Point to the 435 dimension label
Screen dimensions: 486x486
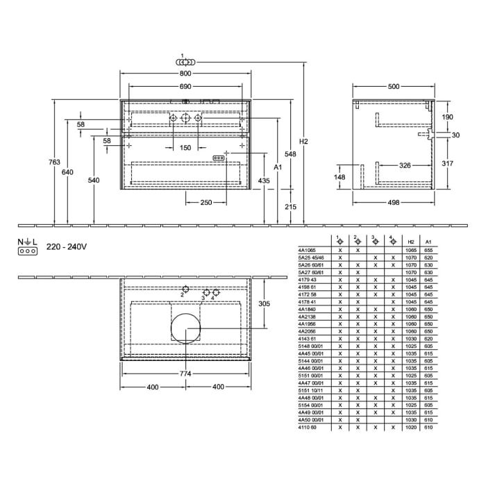[264, 181]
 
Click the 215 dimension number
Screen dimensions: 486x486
[290, 207]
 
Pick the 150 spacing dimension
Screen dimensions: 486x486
[185, 148]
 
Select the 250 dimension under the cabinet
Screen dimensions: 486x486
[206, 202]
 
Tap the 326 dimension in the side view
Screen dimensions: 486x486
[405, 165]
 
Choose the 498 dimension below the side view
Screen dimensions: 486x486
[394, 202]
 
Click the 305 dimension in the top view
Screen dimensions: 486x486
[264, 303]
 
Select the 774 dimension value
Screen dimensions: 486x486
[185, 374]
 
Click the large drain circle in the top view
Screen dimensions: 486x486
[185, 328]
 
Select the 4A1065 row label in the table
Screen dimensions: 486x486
[306, 249]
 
